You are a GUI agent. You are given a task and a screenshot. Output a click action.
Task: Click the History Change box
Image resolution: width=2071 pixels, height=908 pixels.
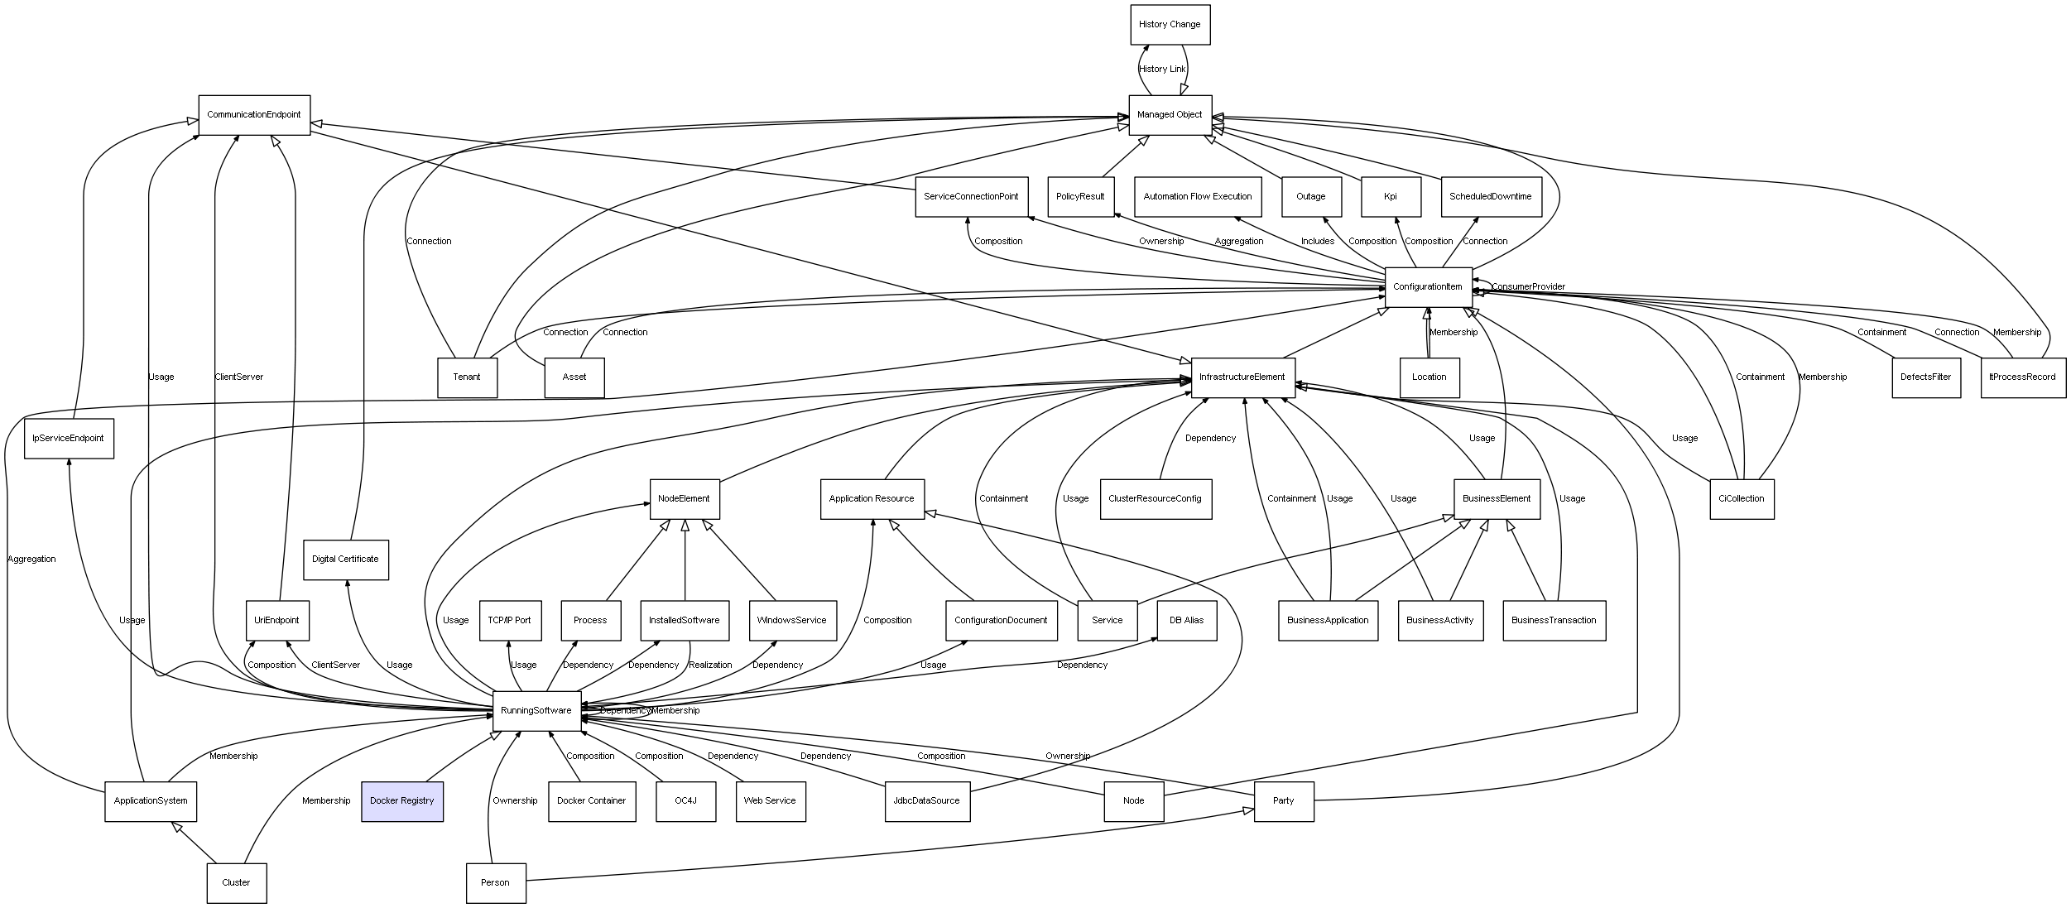(x=1170, y=25)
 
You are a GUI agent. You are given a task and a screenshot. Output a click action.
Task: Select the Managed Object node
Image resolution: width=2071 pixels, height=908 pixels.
(x=1170, y=115)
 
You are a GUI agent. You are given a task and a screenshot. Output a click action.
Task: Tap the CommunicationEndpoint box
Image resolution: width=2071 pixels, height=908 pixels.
(x=254, y=115)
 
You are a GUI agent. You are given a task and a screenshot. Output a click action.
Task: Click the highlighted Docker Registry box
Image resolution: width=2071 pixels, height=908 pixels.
(x=402, y=801)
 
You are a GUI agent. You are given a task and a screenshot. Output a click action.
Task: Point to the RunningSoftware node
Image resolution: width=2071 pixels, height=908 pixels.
(x=536, y=711)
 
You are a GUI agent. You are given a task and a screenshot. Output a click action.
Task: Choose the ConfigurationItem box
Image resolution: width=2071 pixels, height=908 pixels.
(x=1428, y=287)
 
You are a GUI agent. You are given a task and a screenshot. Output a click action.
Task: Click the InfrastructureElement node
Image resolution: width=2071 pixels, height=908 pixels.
(x=1242, y=377)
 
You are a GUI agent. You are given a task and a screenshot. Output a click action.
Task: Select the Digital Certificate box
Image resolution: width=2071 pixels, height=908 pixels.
(x=345, y=560)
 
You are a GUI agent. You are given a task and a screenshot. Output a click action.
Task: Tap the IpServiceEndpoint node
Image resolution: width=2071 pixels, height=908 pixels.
(x=69, y=439)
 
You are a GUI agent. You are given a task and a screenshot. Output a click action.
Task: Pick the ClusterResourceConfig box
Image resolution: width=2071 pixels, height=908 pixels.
(x=1156, y=499)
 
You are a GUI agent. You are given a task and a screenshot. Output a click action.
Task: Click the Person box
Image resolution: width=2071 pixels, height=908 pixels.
(x=495, y=883)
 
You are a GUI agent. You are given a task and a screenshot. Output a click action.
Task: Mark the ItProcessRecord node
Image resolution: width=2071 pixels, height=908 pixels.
(x=2022, y=377)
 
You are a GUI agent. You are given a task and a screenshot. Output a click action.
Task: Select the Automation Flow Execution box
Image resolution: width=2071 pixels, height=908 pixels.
(x=1198, y=197)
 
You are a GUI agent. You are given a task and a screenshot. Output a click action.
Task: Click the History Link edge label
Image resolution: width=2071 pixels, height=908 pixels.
(x=1162, y=70)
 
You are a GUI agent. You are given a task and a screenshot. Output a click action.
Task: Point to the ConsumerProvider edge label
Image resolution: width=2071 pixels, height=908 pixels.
(x=1528, y=287)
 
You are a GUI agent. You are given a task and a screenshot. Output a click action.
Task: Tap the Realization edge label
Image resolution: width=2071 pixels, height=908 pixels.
(x=710, y=665)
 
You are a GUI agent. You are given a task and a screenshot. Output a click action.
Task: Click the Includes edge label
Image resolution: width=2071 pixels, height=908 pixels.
(x=1318, y=242)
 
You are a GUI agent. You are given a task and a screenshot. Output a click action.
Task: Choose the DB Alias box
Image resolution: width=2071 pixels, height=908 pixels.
(x=1187, y=621)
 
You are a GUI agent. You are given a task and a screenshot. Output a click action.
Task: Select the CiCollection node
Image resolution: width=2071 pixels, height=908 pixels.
(x=1742, y=499)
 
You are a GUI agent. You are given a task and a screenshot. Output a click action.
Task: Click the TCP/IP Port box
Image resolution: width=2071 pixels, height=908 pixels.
(x=510, y=621)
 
